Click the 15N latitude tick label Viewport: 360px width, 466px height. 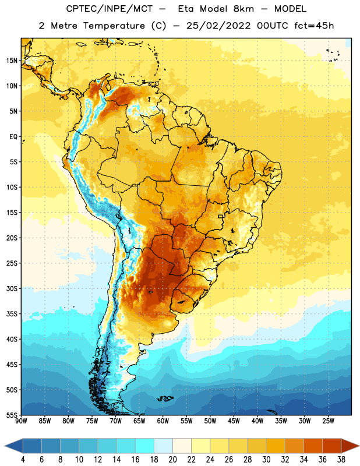click(x=12, y=61)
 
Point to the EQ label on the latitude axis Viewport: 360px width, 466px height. click(x=13, y=137)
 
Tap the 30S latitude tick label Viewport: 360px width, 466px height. click(x=12, y=288)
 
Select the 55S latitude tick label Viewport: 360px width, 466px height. click(x=12, y=415)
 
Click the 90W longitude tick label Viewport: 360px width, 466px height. click(x=21, y=421)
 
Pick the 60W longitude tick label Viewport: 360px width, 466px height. click(x=163, y=421)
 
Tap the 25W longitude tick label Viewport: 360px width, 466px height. click(x=328, y=421)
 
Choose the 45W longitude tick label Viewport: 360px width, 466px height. click(x=234, y=421)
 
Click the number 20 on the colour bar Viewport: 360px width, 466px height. click(x=172, y=460)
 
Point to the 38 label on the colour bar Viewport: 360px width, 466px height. click(x=341, y=460)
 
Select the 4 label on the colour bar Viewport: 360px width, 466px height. click(x=23, y=460)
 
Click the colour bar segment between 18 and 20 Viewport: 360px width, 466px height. click(x=163, y=446)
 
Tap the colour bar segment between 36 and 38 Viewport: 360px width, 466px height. click(x=332, y=446)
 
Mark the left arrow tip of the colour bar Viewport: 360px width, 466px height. click(x=5, y=446)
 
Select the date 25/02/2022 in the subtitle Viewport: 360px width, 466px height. click(x=218, y=26)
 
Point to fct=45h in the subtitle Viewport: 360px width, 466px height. click(x=314, y=26)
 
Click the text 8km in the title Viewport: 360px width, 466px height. click(x=243, y=9)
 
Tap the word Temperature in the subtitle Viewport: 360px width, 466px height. click(x=114, y=26)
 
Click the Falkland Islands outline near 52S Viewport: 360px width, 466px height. click(x=165, y=398)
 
